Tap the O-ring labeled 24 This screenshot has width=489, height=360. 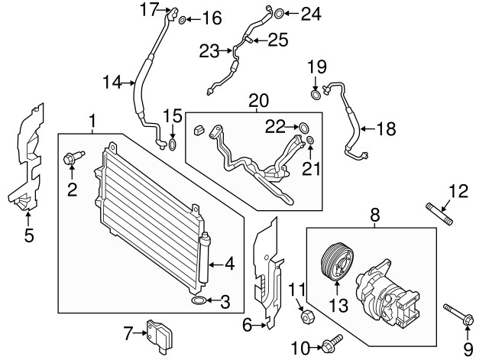[280, 13]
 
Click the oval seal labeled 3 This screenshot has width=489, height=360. [198, 303]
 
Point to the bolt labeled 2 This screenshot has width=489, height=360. [70, 161]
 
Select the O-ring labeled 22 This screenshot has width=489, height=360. [302, 126]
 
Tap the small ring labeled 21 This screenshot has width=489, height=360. [311, 140]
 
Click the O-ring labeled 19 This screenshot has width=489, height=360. [315, 95]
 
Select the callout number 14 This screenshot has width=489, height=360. [113, 82]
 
